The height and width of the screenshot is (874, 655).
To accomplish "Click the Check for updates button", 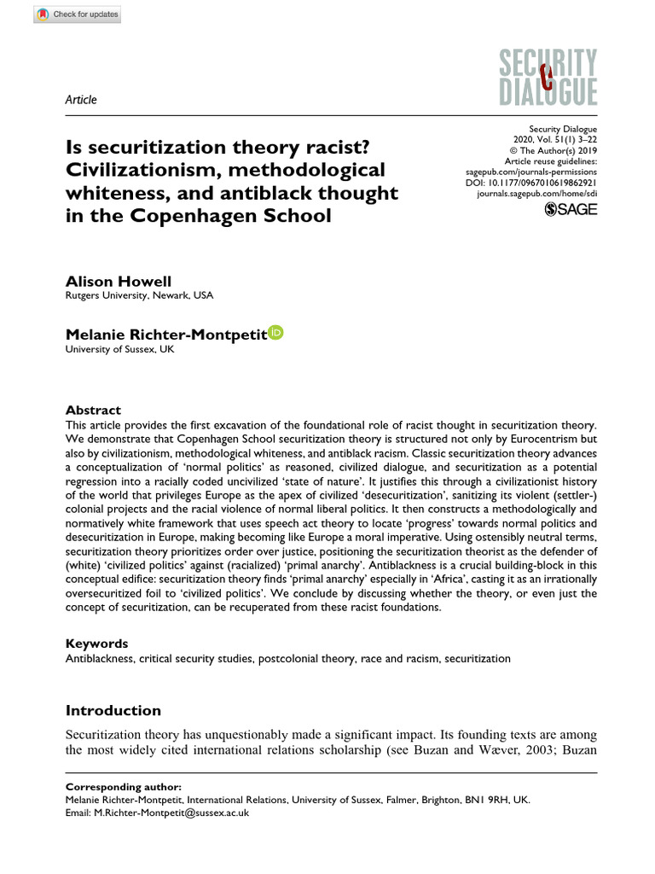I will (78, 15).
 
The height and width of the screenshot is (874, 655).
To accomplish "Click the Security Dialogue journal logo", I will (536, 78).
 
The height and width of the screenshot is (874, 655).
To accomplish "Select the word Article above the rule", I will (81, 100).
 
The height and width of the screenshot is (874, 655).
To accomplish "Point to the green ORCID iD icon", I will (275, 332).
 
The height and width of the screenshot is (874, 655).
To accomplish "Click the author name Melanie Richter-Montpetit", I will (165, 334).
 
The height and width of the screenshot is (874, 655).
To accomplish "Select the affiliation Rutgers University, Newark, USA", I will (139, 295).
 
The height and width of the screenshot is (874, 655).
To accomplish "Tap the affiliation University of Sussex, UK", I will (119, 349).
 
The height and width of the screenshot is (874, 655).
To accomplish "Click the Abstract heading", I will (93, 410).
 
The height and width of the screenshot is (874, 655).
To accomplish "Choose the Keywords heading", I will (96, 644).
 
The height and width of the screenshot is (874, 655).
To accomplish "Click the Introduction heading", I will (113, 710).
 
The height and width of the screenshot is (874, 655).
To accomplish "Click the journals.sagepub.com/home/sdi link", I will (536, 195).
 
